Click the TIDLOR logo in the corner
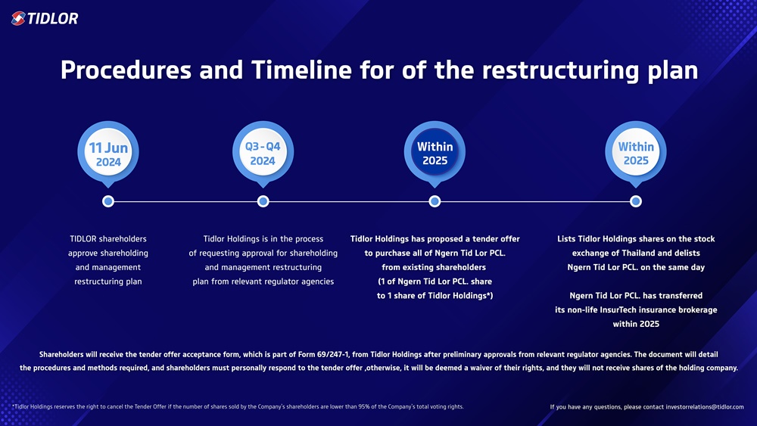pyautogui.click(x=45, y=18)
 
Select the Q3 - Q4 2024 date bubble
pyautogui.click(x=263, y=154)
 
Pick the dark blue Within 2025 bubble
pyautogui.click(x=435, y=154)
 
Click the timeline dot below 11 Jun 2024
pyautogui.click(x=108, y=201)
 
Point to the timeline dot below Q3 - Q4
pyautogui.click(x=263, y=201)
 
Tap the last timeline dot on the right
pyautogui.click(x=636, y=201)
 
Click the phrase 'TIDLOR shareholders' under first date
pyautogui.click(x=107, y=239)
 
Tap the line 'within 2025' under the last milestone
pyautogui.click(x=636, y=324)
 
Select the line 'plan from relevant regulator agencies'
pyautogui.click(x=263, y=281)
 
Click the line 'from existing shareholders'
pyautogui.click(x=435, y=267)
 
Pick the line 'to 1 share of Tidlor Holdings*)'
pyautogui.click(x=435, y=295)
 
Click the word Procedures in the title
pyautogui.click(x=125, y=70)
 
